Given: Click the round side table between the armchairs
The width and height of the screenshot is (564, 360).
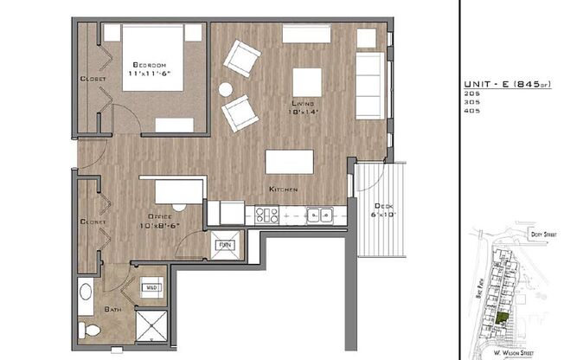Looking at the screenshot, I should [x=226, y=88].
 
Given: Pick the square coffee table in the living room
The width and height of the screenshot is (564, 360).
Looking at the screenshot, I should [x=307, y=83].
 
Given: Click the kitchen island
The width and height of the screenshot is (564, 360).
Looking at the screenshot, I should [x=289, y=163].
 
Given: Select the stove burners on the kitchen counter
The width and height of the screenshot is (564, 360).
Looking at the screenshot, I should [x=265, y=215].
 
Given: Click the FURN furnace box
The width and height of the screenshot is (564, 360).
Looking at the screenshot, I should [x=225, y=245].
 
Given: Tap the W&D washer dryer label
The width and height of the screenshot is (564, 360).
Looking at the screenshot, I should [x=151, y=286].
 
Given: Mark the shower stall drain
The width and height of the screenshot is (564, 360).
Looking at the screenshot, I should [x=154, y=330].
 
